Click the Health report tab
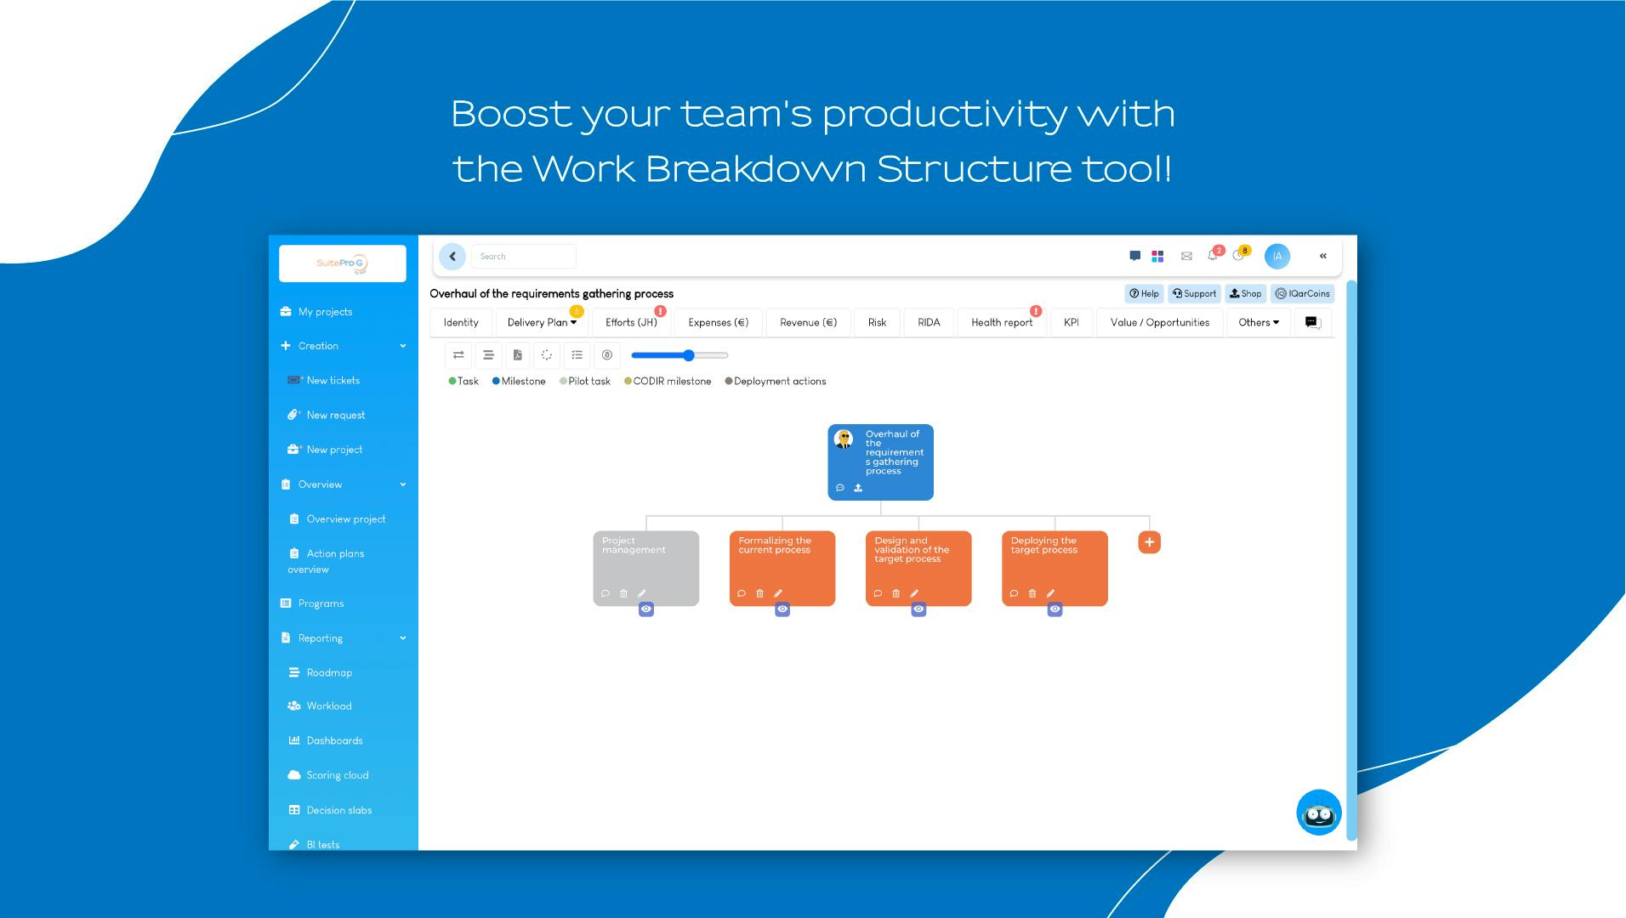(x=1002, y=322)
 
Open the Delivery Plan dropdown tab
(x=542, y=322)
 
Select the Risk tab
(x=877, y=322)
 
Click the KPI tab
(x=1071, y=322)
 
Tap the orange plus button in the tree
(x=1149, y=542)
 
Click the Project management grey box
(x=646, y=568)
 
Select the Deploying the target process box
(x=1055, y=568)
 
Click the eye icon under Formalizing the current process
(x=782, y=609)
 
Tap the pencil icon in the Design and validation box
(x=914, y=593)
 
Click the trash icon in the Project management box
(x=623, y=593)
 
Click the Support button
(x=1194, y=294)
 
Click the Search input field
(x=524, y=257)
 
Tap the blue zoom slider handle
(x=689, y=355)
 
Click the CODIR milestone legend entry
(x=668, y=382)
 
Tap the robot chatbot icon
(x=1319, y=813)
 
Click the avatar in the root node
(x=844, y=439)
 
